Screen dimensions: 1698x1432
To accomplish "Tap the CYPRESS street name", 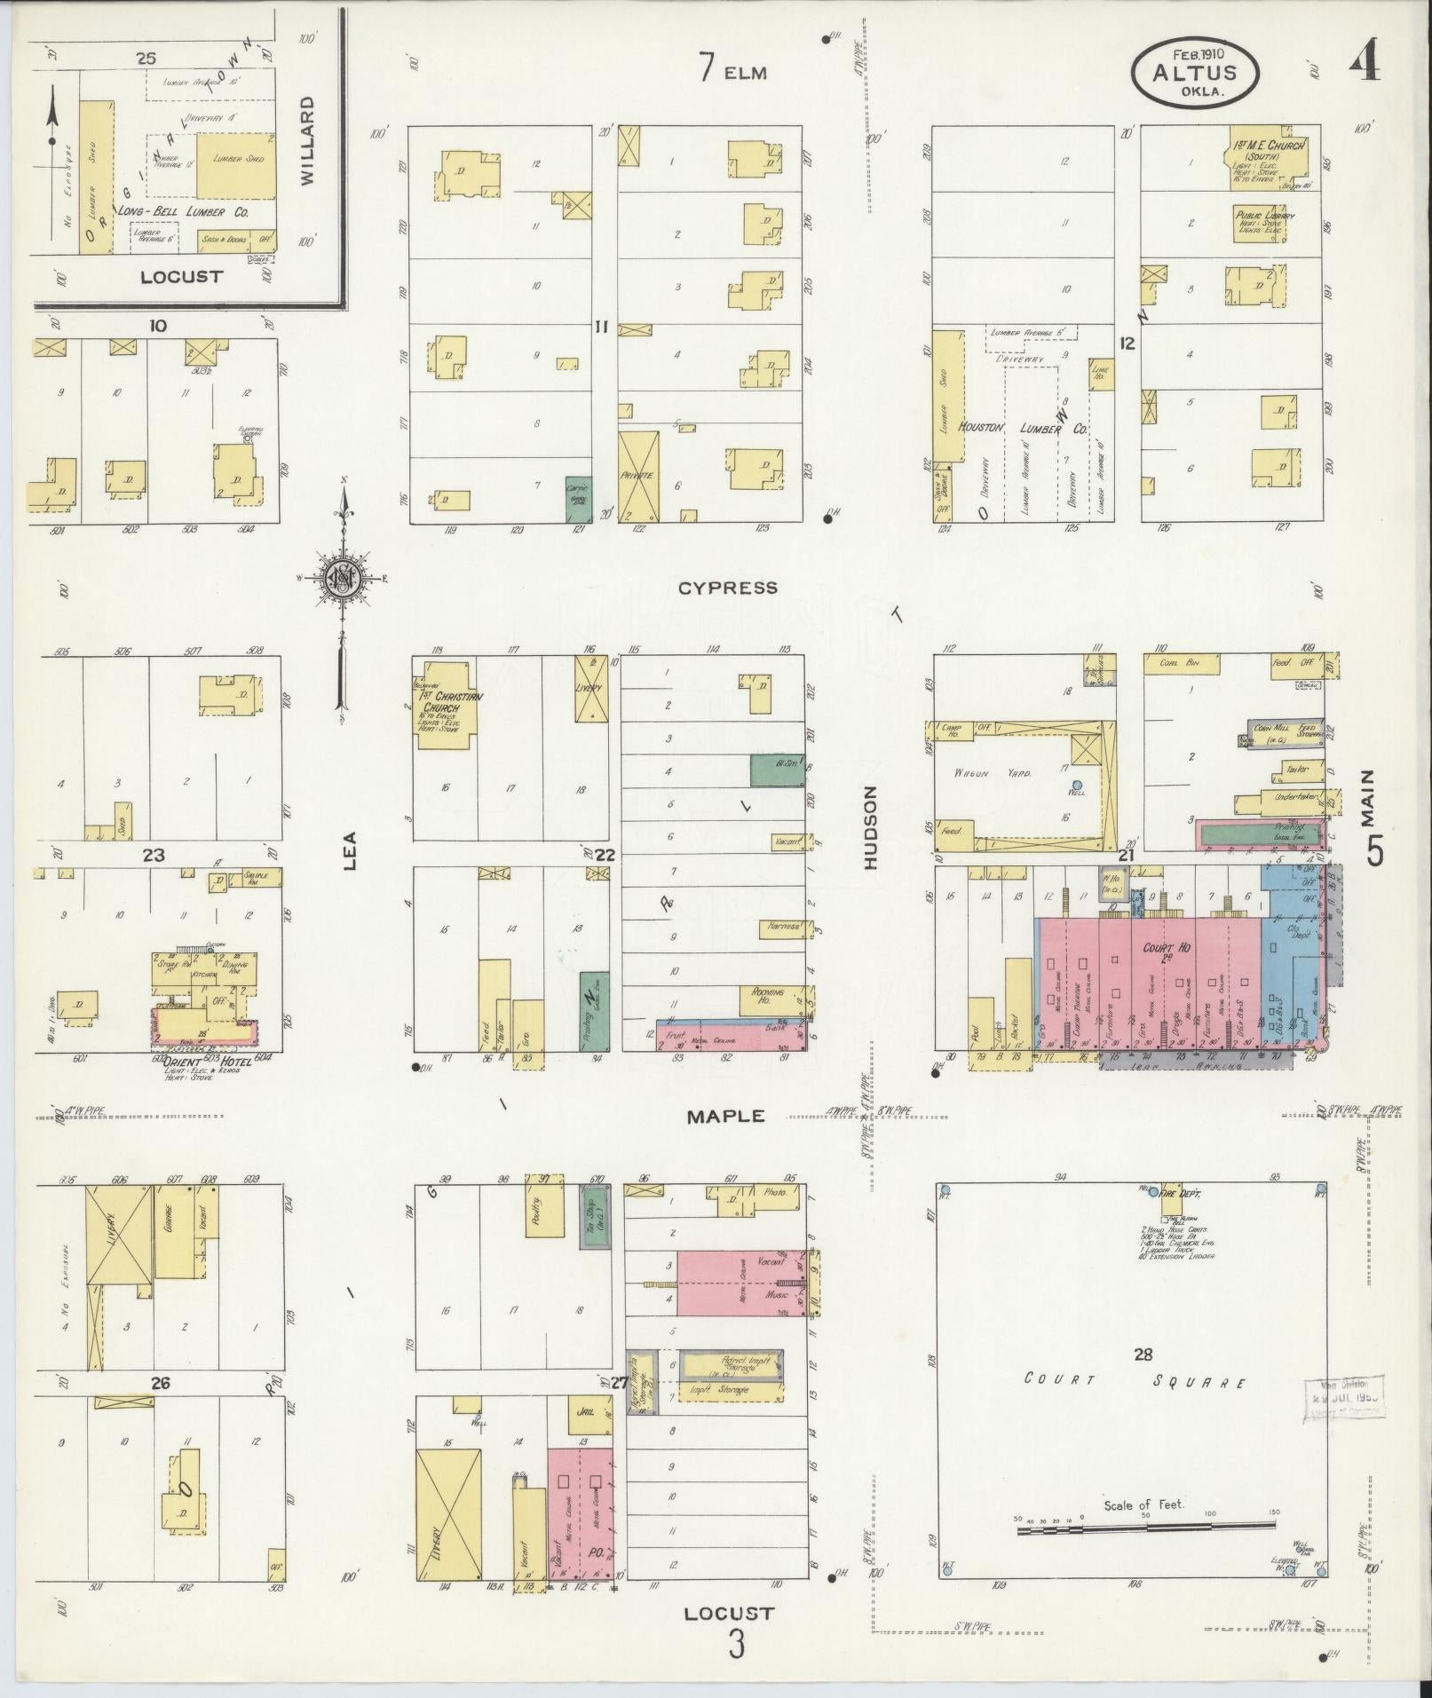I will [x=727, y=588].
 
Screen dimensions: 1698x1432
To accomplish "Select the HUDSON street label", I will [x=870, y=826].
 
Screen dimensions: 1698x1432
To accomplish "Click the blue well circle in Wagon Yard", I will [x=1077, y=785].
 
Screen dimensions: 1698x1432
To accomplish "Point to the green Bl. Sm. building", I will [x=777, y=770].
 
